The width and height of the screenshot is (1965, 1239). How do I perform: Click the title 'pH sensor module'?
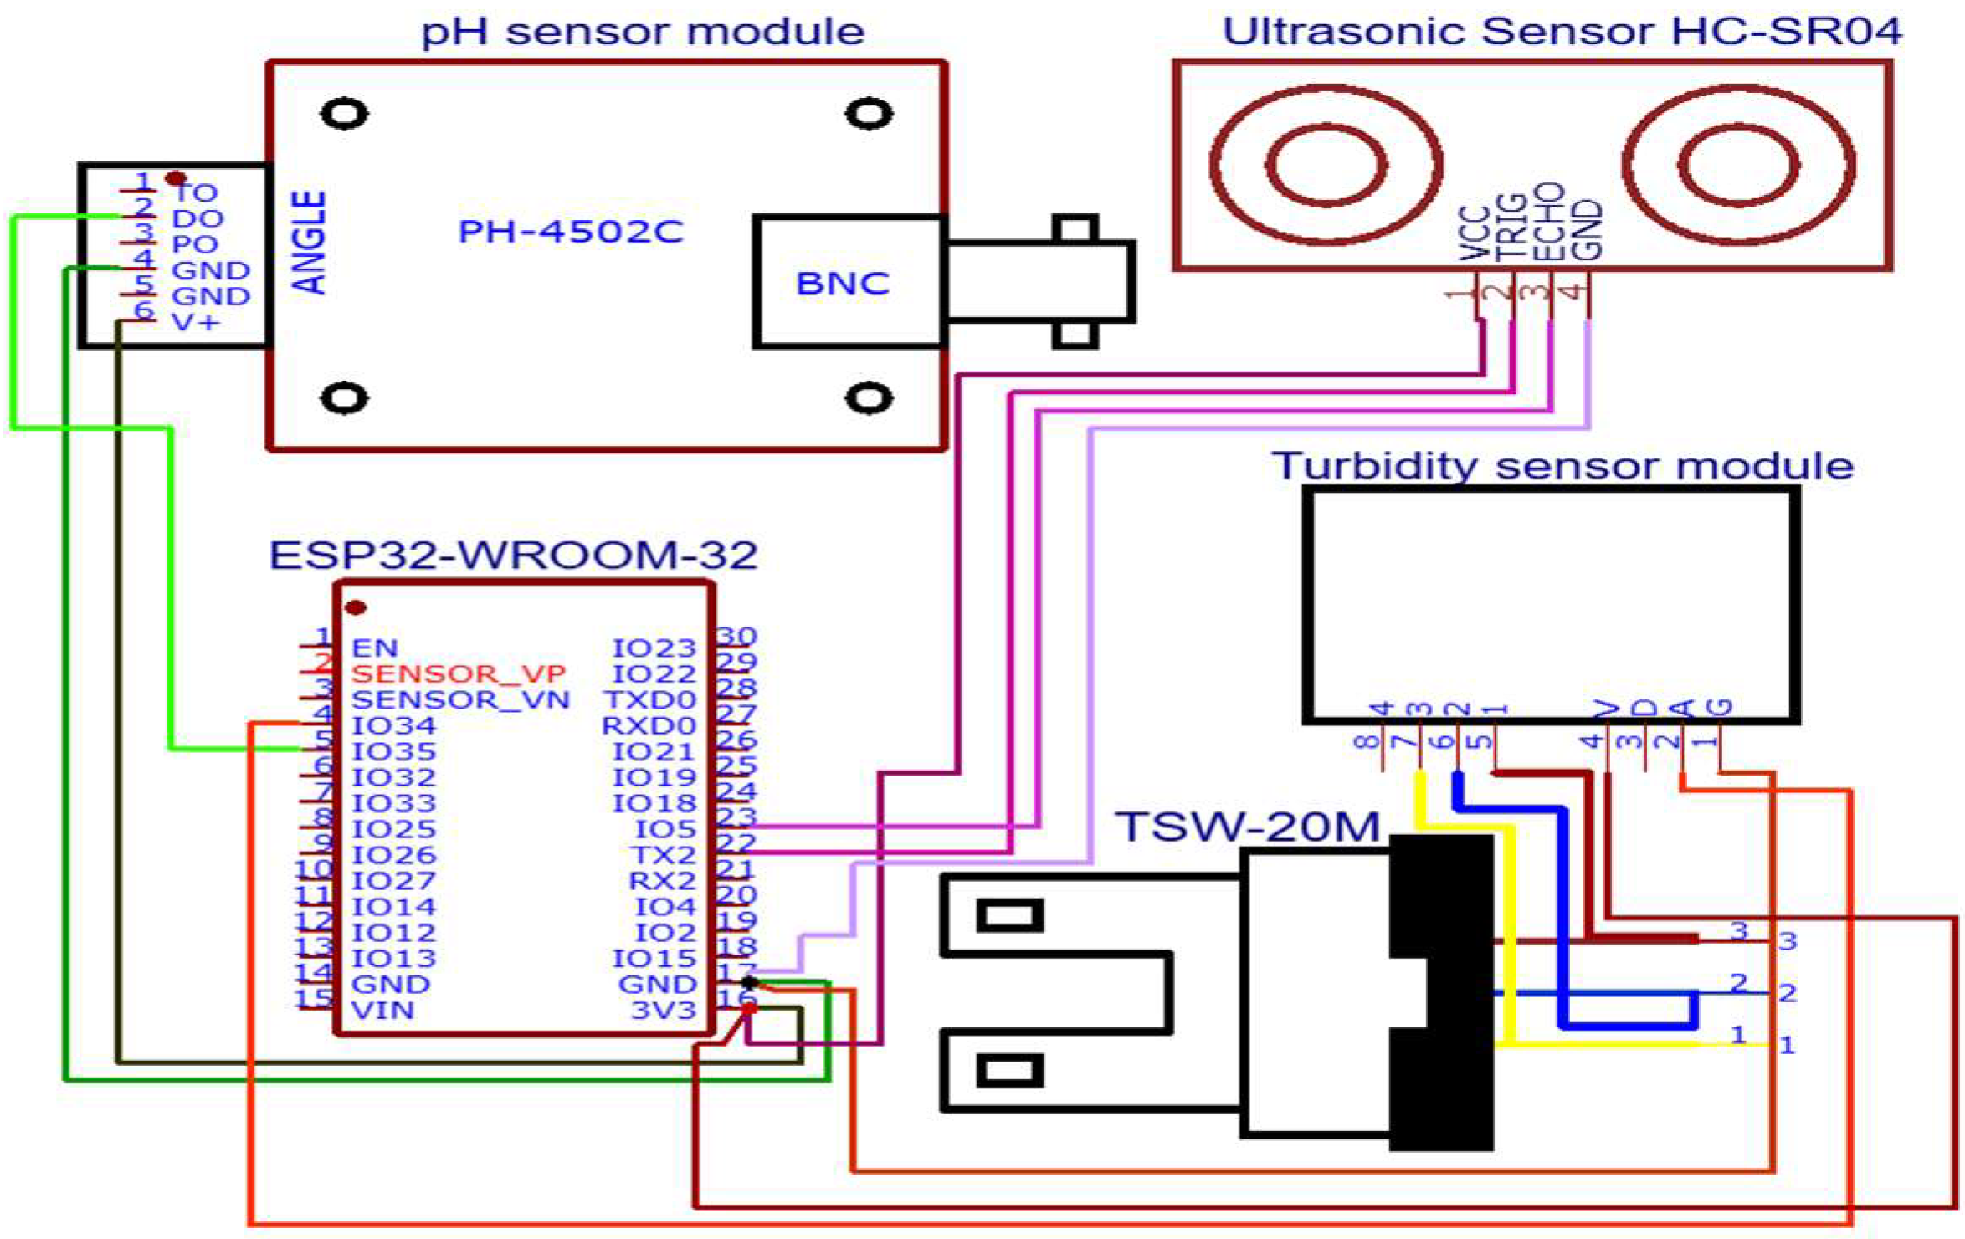[x=642, y=32]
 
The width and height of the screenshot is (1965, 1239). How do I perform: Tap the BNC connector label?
[x=842, y=284]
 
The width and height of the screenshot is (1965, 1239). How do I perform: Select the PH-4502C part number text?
[x=571, y=232]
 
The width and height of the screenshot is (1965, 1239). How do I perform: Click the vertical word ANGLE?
[x=310, y=242]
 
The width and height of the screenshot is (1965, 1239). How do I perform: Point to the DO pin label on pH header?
[x=198, y=218]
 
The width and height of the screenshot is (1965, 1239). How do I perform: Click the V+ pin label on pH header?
[x=195, y=322]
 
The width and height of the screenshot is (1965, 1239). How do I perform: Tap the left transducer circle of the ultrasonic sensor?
[x=1325, y=165]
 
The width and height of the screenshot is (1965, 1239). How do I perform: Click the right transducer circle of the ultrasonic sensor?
[x=1738, y=165]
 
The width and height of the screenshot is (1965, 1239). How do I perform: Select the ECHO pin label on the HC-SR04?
[x=1549, y=223]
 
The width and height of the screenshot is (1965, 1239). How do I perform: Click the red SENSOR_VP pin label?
[x=459, y=673]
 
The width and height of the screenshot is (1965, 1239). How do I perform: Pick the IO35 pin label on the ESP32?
[x=393, y=751]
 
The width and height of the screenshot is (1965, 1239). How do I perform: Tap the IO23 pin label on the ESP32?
[x=654, y=648]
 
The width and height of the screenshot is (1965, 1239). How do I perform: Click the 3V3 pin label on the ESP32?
[x=663, y=1010]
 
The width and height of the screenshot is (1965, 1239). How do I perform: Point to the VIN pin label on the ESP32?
[x=382, y=1010]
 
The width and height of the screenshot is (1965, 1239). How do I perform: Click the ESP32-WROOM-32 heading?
[x=513, y=555]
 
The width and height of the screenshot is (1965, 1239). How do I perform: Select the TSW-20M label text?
[x=1247, y=827]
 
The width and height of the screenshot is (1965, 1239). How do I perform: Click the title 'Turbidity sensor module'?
[x=1562, y=465]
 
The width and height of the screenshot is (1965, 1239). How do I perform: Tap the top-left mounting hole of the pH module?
[x=344, y=114]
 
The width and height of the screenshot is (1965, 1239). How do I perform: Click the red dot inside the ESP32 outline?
[x=356, y=607]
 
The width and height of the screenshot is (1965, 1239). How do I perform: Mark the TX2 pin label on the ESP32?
[x=663, y=854]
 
